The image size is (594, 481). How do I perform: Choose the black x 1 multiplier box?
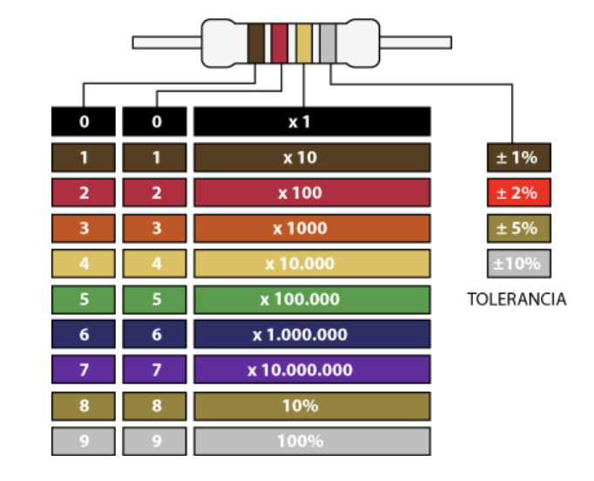(x=312, y=122)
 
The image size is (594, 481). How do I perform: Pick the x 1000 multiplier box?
(x=312, y=228)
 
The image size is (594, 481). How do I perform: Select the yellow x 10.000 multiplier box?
(x=312, y=264)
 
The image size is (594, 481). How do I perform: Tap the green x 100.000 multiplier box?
(x=312, y=300)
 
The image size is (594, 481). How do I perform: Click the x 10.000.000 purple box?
(x=312, y=370)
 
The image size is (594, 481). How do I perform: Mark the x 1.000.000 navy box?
(x=312, y=335)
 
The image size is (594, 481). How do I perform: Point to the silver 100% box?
(x=312, y=441)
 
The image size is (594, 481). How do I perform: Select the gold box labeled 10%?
(x=312, y=406)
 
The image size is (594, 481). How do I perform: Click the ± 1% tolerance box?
(x=518, y=158)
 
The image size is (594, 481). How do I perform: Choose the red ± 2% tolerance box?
(x=518, y=193)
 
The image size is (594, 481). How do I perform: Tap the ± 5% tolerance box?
(x=518, y=228)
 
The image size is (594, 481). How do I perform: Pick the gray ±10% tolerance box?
(x=518, y=263)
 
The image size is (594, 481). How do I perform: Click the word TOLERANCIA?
(x=516, y=300)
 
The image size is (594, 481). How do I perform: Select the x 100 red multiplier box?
(x=312, y=193)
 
